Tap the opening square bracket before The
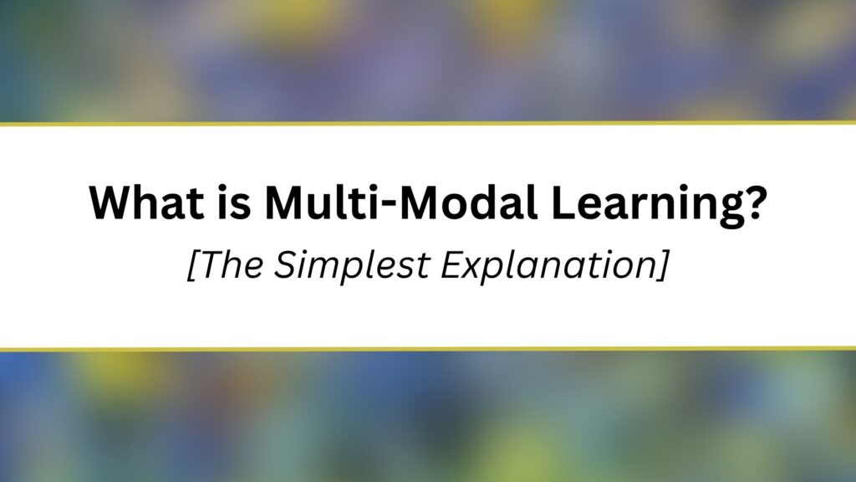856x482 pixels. pyautogui.click(x=193, y=265)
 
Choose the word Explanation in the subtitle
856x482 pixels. pyautogui.click(x=548, y=267)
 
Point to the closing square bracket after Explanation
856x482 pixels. pyautogui.click(x=661, y=265)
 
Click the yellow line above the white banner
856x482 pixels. pyautogui.click(x=428, y=124)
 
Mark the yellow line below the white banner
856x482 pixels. pyautogui.click(x=428, y=349)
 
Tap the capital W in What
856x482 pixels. pyautogui.click(x=112, y=203)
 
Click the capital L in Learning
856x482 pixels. pyautogui.click(x=563, y=203)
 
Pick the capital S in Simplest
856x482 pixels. pyautogui.click(x=286, y=264)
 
